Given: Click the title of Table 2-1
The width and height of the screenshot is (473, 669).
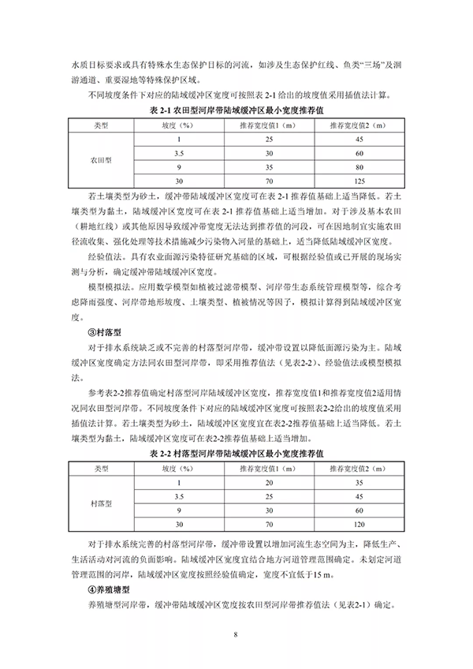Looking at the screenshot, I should pyautogui.click(x=236, y=111).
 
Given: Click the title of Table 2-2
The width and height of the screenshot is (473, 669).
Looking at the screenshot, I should pyautogui.click(x=236, y=454).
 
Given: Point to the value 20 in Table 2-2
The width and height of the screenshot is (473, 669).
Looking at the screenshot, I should pyautogui.click(x=269, y=482).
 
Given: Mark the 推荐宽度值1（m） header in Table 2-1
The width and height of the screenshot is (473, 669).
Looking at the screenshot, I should pyautogui.click(x=269, y=125).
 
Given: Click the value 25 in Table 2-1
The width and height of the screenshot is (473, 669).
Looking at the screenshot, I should pyautogui.click(x=269, y=140).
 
